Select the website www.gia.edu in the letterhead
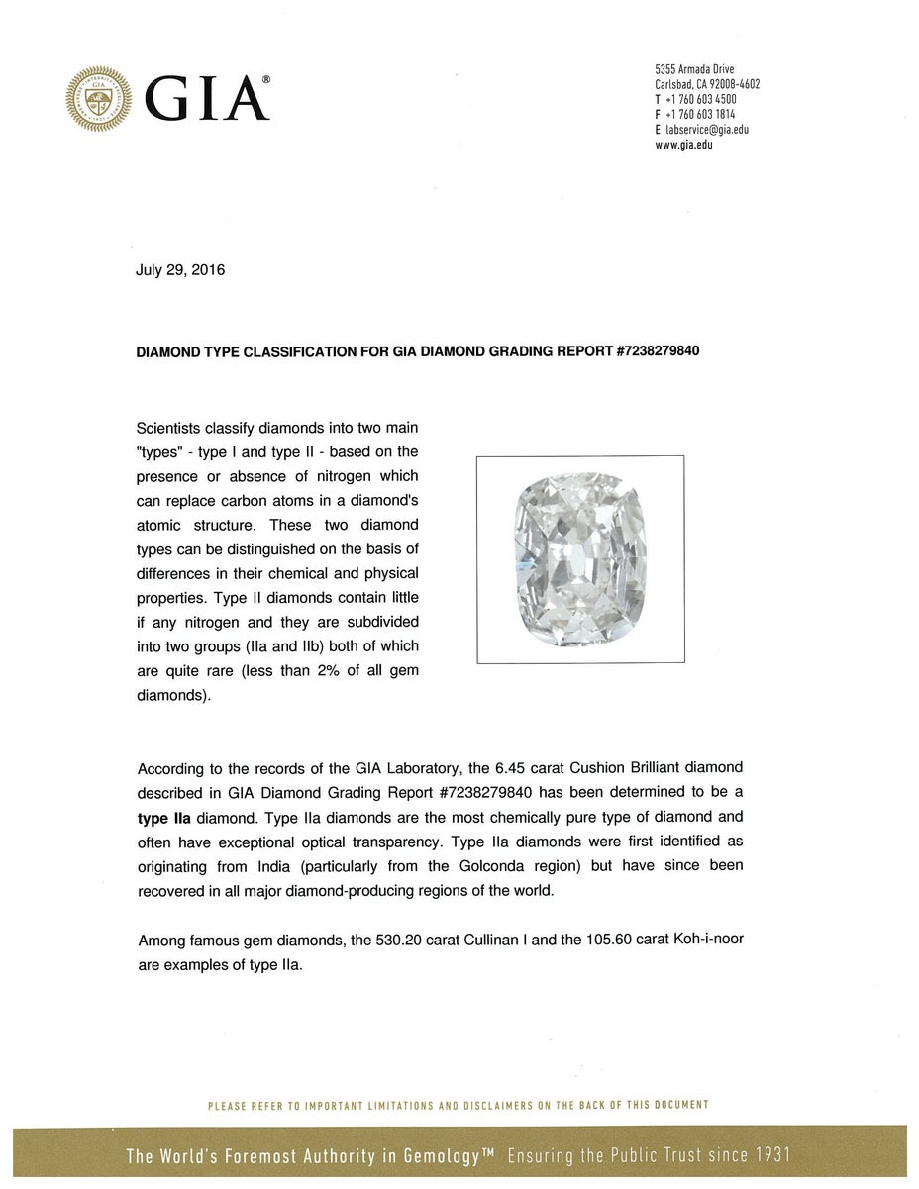tap(683, 145)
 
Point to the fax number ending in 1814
tap(699, 115)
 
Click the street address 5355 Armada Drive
tap(694, 69)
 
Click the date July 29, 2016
tap(180, 270)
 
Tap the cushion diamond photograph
tap(580, 559)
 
